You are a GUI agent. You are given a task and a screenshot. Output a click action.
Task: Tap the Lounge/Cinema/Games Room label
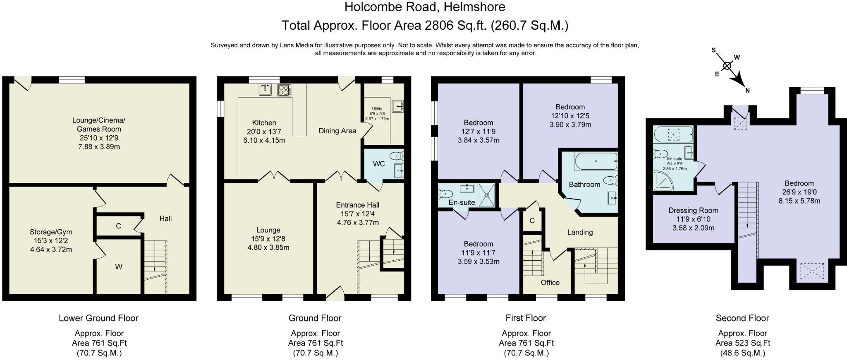click(99, 125)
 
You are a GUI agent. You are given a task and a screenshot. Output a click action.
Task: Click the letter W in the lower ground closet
click(119, 267)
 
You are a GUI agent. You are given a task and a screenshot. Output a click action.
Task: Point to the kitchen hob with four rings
click(284, 90)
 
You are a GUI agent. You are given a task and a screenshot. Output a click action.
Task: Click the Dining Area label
click(337, 131)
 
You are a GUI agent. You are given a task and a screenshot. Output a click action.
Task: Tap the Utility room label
click(377, 109)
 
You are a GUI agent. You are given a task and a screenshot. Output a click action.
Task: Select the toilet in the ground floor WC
click(397, 156)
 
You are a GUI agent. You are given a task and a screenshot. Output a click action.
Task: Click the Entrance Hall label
click(357, 205)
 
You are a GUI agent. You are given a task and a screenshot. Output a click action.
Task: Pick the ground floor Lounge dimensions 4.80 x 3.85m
click(268, 247)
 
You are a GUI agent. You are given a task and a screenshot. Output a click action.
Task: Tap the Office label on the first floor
click(550, 283)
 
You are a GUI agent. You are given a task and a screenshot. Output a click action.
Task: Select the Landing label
click(580, 232)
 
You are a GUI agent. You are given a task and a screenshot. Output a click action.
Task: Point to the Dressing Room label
click(693, 210)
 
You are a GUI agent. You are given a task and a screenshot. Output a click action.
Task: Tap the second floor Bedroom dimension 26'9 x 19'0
click(799, 192)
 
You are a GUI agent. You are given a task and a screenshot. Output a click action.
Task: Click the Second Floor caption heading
click(742, 318)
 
